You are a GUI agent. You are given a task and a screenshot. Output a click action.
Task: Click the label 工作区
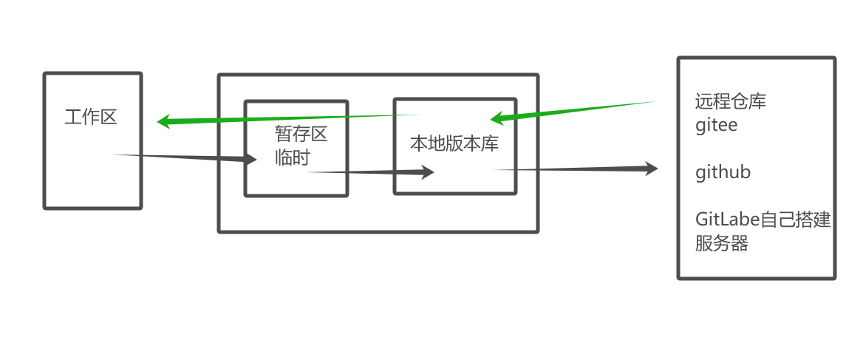[x=91, y=117]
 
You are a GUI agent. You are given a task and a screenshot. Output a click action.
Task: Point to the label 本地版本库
[x=454, y=143]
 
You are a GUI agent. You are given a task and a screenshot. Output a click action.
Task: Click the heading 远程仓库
[x=731, y=101]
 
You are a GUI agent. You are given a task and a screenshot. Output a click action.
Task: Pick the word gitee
[x=717, y=125]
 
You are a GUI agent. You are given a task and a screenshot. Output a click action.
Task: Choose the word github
[x=723, y=172]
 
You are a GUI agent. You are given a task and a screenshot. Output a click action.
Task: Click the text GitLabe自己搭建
[x=764, y=220]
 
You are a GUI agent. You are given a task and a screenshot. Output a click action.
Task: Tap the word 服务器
[x=722, y=243]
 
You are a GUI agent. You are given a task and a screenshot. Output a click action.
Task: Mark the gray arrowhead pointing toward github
[x=650, y=169]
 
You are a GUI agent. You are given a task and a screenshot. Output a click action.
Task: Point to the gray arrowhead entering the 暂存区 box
[x=250, y=159]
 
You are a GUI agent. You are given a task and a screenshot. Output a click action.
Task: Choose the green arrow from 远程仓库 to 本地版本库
[x=576, y=109]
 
